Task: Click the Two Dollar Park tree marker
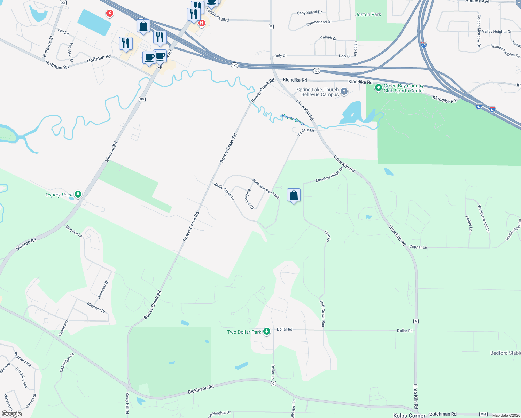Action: point(267,331)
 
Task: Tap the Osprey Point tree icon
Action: point(78,194)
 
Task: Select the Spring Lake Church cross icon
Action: point(344,92)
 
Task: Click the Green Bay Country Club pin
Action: point(378,88)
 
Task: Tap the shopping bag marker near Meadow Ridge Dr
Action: point(294,196)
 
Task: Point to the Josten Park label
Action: point(368,14)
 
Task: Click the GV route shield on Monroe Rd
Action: point(142,99)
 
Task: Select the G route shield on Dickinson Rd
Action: point(273,384)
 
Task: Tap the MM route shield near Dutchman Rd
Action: point(483,414)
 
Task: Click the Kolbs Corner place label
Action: point(409,415)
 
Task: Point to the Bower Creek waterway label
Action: point(293,120)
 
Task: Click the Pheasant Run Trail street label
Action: point(265,188)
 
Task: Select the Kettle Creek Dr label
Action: point(224,192)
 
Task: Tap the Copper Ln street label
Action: point(418,247)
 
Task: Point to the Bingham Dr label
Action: point(96,308)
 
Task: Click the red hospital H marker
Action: point(201,23)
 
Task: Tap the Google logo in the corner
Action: point(12,413)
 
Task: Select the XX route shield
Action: point(63,2)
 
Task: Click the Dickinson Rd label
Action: point(201,389)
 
